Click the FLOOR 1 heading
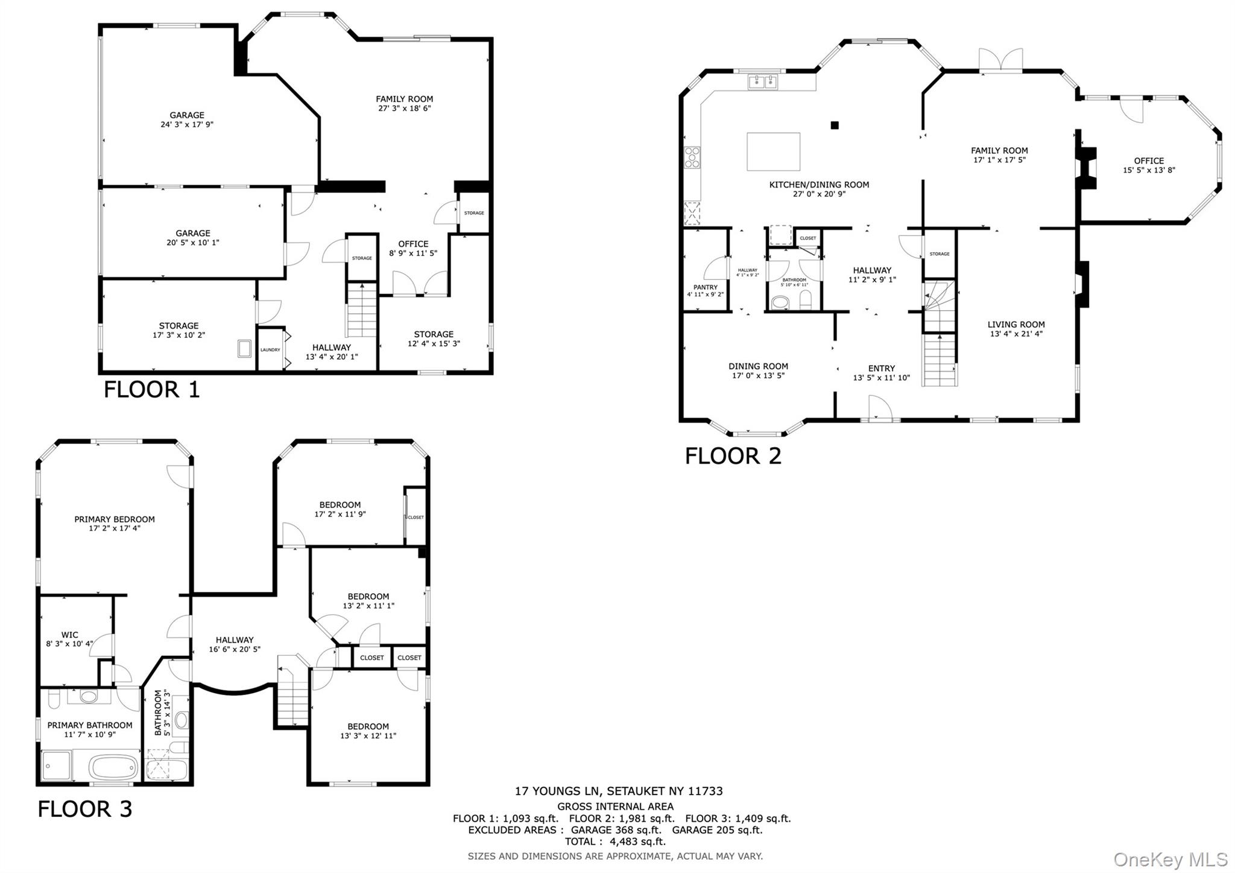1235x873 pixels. [151, 390]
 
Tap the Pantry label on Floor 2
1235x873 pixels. [705, 287]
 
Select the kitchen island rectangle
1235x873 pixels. [773, 152]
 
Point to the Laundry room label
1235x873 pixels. [270, 350]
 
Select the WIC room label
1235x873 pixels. [69, 635]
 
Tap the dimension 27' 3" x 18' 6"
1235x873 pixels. [404, 109]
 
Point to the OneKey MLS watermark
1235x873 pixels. [1170, 859]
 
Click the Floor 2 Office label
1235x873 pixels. [1148, 160]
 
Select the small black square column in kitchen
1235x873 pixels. [835, 125]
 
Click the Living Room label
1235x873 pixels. [1015, 325]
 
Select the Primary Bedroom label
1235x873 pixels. [115, 519]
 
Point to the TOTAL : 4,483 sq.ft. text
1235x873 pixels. [614, 842]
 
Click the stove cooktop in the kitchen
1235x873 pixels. [692, 158]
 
